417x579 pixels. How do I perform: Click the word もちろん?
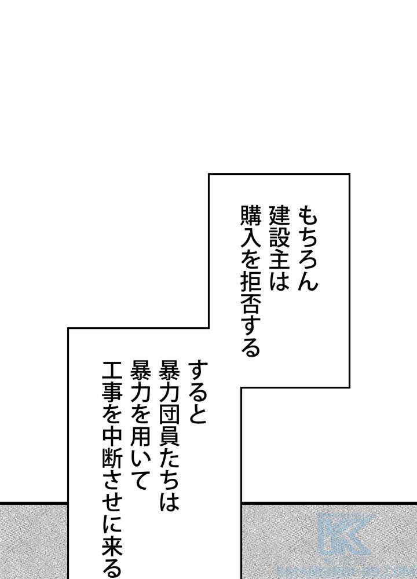pyautogui.click(x=308, y=248)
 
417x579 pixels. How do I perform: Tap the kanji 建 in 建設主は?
pyautogui.click(x=279, y=216)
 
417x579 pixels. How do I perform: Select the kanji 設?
pyautogui.click(x=279, y=237)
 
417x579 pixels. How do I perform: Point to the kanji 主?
pyautogui.click(x=279, y=258)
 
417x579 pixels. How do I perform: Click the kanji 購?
pyautogui.click(x=250, y=216)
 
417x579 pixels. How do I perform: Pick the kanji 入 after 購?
pyautogui.click(x=250, y=237)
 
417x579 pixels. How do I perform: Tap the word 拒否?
pyautogui.click(x=250, y=291)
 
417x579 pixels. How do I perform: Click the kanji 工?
pyautogui.click(x=112, y=371)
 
